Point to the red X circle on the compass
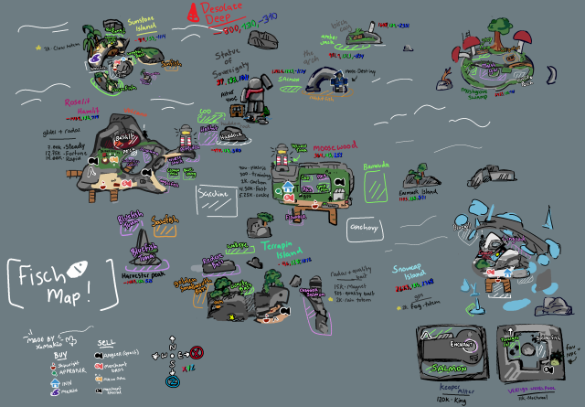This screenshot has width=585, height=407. (x=196, y=350)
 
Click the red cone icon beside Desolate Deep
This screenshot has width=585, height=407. (x=193, y=11)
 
